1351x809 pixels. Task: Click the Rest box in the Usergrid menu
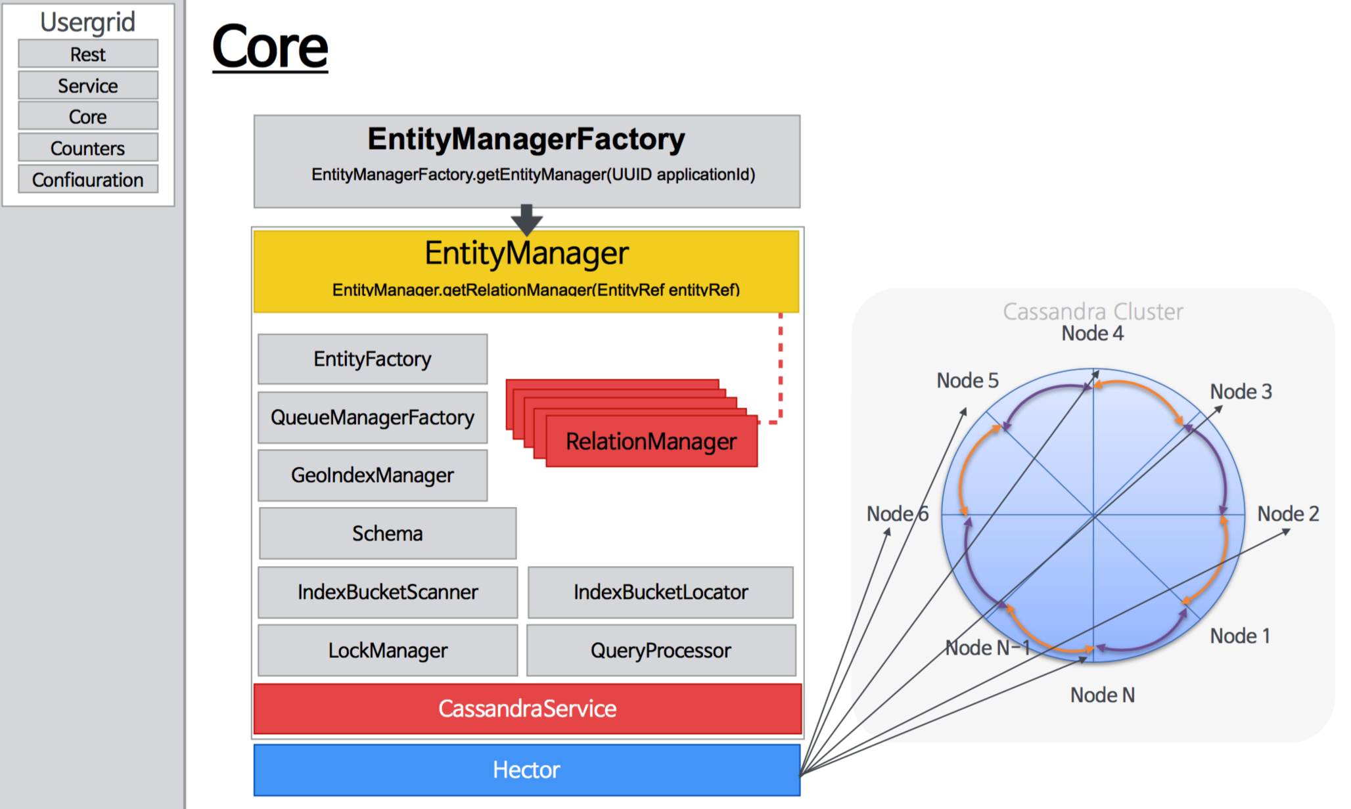coord(88,54)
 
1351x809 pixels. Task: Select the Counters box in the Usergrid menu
coord(88,148)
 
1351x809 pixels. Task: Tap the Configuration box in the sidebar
coord(88,179)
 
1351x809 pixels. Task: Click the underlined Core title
coord(270,47)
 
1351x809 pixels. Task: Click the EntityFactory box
coord(373,359)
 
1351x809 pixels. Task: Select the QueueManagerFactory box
coord(373,417)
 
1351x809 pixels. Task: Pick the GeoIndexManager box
coord(373,475)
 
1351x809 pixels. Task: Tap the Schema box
coord(388,533)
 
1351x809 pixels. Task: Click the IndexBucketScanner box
coord(388,592)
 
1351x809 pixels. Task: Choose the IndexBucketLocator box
coord(660,592)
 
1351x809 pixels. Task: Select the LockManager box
coord(388,650)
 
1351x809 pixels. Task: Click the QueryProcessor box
coord(660,650)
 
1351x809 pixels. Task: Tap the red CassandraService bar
coord(527,709)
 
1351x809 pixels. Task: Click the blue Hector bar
coord(527,770)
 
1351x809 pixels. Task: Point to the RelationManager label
coord(651,441)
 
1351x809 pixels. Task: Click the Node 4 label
coord(1093,333)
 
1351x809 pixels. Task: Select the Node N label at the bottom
coord(1103,695)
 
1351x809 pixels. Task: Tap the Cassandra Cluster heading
coord(1093,311)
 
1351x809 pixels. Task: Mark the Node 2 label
coord(1288,514)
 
